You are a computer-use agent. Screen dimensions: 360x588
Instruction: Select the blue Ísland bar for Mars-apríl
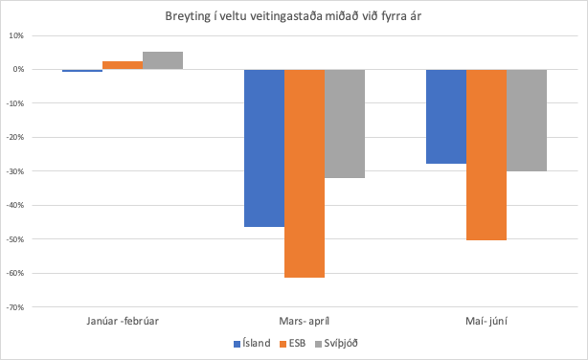[264, 147]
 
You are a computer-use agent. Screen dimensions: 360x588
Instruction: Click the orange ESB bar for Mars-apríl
[305, 173]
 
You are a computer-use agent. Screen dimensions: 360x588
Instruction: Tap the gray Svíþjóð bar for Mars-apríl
[345, 124]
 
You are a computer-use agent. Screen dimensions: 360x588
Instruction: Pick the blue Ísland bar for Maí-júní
[446, 116]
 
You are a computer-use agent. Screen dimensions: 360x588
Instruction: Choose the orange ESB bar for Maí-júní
[486, 154]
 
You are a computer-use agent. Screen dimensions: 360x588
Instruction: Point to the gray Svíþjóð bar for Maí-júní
[527, 120]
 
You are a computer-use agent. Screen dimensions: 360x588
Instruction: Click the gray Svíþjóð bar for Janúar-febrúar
[163, 60]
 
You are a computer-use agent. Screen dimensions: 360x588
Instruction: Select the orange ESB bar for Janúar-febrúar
[123, 65]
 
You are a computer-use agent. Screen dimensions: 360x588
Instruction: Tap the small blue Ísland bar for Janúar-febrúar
[82, 71]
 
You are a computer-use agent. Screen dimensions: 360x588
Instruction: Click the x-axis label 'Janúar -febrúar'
[123, 322]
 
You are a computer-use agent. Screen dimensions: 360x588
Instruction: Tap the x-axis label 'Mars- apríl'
[305, 322]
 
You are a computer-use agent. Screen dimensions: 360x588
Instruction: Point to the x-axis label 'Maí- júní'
[486, 322]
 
